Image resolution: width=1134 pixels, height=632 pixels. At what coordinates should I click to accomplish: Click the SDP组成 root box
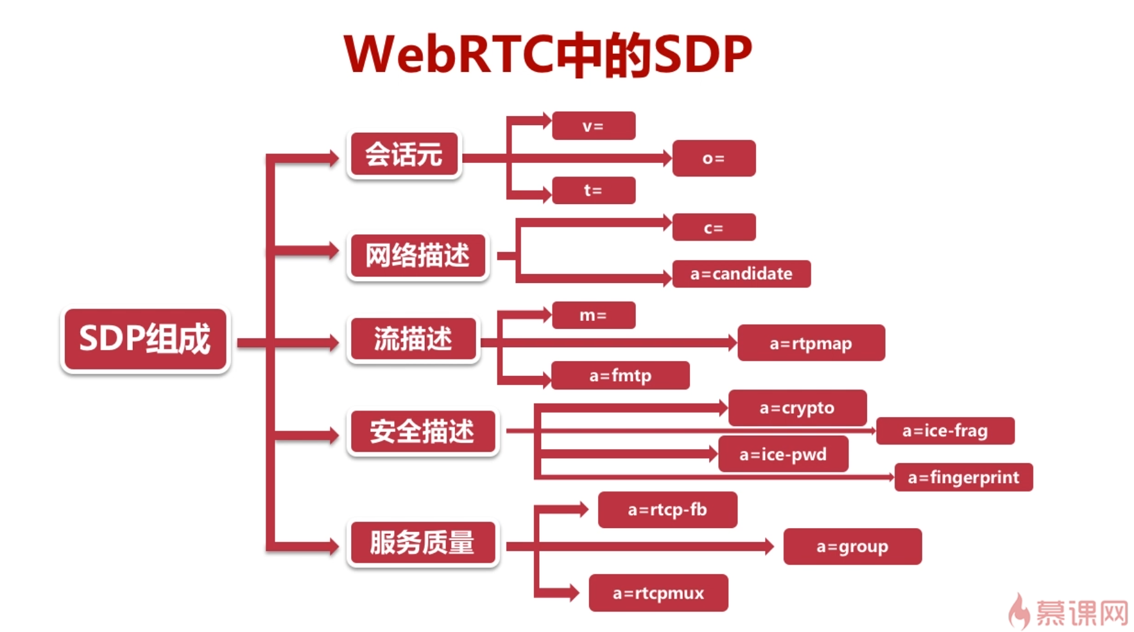coord(145,339)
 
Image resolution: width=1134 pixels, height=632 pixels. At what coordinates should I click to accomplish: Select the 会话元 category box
coord(404,155)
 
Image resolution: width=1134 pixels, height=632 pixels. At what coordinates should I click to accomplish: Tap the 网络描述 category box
coord(418,255)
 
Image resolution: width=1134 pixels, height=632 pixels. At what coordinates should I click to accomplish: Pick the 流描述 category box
coord(413,339)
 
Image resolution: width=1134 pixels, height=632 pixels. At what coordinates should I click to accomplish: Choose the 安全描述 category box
coord(422,431)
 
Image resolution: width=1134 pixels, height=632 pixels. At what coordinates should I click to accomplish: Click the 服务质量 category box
coord(422,543)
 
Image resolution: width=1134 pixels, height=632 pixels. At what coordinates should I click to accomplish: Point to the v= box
coord(594,126)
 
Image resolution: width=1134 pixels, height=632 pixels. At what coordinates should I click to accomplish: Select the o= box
coord(714,158)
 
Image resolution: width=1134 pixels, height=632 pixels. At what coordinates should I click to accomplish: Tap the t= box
coord(594,191)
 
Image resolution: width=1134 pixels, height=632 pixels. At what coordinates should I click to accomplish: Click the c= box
coord(714,228)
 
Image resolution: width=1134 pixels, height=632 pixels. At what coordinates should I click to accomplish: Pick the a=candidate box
coord(741,274)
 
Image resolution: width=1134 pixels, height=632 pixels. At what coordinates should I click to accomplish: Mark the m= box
coord(594,315)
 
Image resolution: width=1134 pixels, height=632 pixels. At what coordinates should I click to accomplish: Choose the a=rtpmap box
coord(811,343)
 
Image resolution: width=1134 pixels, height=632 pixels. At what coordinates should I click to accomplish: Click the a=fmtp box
coord(621,375)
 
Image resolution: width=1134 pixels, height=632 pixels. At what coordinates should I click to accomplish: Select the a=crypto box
coord(797,407)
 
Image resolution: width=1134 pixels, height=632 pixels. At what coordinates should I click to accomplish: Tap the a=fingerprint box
coord(963,477)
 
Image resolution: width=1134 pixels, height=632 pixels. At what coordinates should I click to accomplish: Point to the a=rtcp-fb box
coord(667,510)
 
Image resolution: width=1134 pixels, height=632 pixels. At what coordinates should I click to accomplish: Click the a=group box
coord(852,547)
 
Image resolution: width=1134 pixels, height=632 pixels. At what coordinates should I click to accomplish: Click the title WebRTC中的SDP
coord(547,54)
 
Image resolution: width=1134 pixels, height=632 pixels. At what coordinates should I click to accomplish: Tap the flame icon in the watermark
coord(1018,611)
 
